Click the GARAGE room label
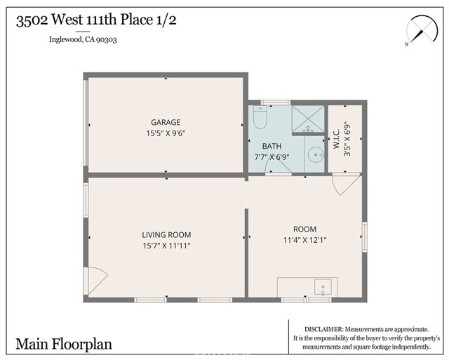(166, 122)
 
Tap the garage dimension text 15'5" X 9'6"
(166, 133)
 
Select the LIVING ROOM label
(166, 235)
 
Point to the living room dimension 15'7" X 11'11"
(167, 246)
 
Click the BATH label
(272, 146)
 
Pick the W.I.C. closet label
(336, 138)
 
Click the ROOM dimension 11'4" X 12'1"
(305, 240)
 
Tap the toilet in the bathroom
(260, 117)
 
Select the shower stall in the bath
(308, 119)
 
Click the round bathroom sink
(316, 154)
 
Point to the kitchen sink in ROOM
(323, 287)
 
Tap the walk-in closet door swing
(346, 185)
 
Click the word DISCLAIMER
(323, 329)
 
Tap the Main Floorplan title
(64, 344)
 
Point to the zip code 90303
(106, 39)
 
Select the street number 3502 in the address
(32, 20)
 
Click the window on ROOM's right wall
(365, 237)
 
